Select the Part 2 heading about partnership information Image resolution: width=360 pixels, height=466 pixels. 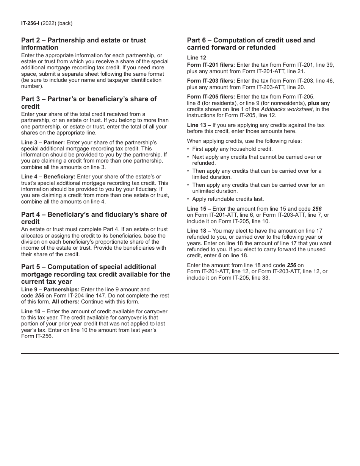[x=83, y=44]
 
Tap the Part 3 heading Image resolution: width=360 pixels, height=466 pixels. [x=89, y=103]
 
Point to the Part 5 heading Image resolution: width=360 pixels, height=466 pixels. [x=95, y=274]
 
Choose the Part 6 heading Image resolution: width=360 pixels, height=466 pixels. [x=251, y=44]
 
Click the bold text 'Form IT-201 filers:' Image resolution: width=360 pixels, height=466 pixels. [x=211, y=65]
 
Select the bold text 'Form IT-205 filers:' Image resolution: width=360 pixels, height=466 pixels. [x=211, y=97]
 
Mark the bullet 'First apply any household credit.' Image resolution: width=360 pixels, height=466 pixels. [x=232, y=149]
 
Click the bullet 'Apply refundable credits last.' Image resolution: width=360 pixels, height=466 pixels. [x=228, y=199]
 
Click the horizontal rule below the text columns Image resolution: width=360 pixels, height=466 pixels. [x=180, y=353]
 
